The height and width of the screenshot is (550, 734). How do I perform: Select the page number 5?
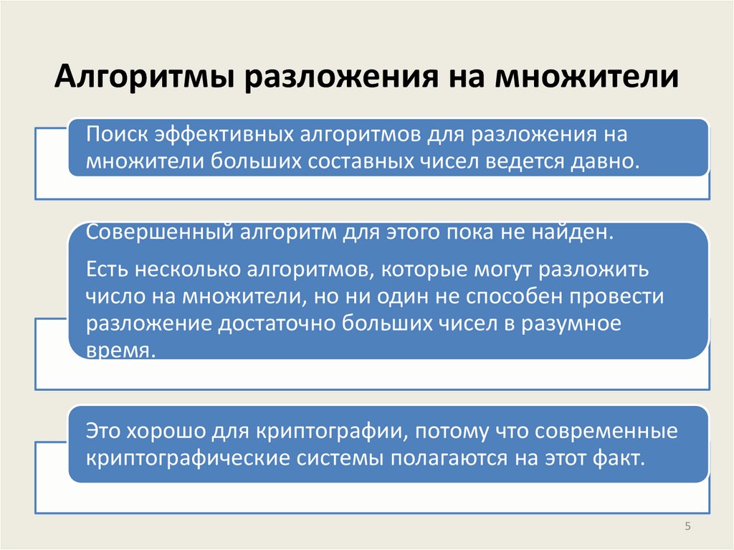(687, 527)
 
